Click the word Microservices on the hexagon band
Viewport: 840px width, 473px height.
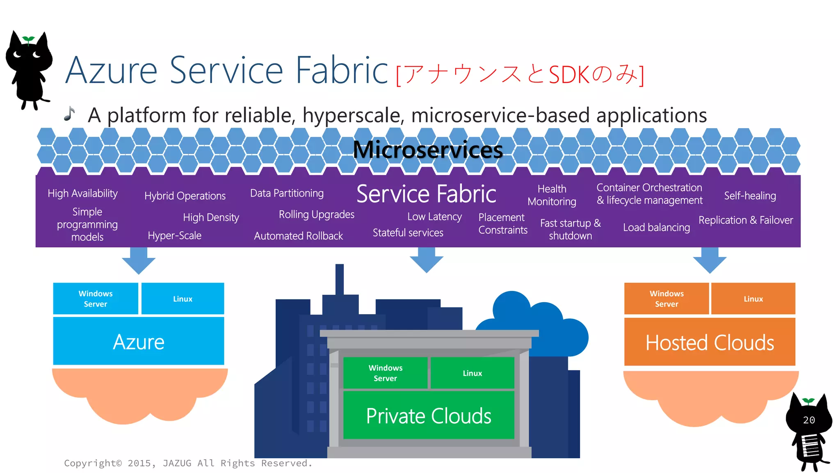point(427,149)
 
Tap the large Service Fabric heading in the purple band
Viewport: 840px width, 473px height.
point(426,194)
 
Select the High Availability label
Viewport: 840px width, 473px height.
point(82,193)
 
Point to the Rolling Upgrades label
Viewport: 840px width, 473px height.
point(316,214)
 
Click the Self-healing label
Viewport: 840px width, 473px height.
point(750,196)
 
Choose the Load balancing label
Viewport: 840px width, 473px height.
point(656,227)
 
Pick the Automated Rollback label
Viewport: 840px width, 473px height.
point(298,236)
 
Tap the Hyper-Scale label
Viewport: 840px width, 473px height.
point(174,236)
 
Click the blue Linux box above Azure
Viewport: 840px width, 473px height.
point(183,299)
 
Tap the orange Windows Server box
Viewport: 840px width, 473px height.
point(667,299)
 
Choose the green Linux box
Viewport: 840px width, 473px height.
point(472,373)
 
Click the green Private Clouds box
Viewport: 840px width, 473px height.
point(429,416)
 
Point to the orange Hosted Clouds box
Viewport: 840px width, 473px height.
point(710,342)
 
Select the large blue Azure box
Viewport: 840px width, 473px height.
point(139,342)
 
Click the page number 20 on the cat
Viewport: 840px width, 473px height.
point(809,420)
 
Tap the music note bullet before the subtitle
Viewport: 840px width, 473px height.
point(70,114)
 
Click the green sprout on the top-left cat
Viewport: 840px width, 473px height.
point(28,39)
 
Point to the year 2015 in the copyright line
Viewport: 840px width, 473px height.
point(139,463)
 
